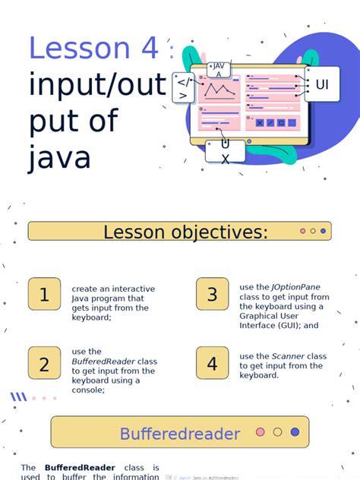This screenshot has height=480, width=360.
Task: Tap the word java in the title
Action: [x=60, y=158]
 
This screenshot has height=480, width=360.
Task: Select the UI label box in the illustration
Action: [x=322, y=84]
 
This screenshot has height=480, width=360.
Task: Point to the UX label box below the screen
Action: [x=225, y=152]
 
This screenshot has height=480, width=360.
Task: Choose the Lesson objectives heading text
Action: [x=185, y=232]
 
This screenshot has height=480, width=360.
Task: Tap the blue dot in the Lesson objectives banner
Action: [x=324, y=231]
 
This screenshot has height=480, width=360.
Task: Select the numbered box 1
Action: [x=44, y=295]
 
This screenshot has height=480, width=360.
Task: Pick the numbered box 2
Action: [x=44, y=365]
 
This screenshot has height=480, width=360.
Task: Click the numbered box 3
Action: [x=212, y=295]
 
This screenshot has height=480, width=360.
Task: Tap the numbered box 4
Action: [x=212, y=364]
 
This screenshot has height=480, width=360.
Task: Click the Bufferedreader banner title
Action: [x=179, y=434]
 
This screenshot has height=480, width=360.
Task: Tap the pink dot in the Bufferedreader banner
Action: [x=261, y=432]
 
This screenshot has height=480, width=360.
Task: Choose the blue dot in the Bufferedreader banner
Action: [x=295, y=432]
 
